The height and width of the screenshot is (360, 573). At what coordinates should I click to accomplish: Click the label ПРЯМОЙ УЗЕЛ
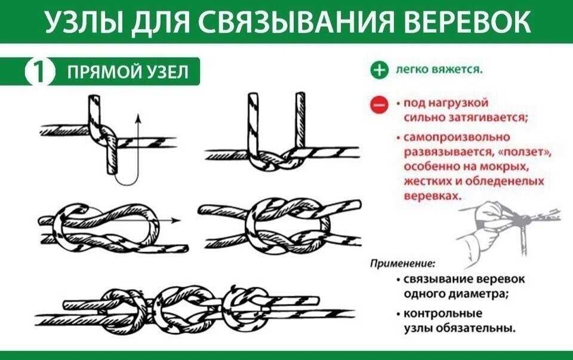[x=128, y=72]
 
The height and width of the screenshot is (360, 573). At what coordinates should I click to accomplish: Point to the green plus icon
[x=379, y=70]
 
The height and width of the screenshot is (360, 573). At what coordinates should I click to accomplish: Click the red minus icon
[x=379, y=105]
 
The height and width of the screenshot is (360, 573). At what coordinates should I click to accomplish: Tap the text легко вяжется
[x=439, y=70]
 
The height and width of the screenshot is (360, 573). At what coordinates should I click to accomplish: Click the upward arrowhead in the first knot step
[x=138, y=118]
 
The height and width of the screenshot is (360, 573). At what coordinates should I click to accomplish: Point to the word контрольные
[x=443, y=313]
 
